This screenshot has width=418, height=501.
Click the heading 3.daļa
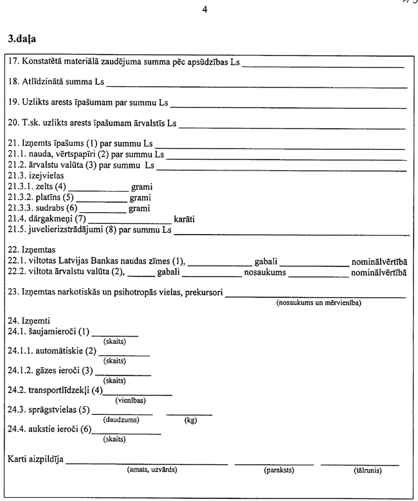tap(23, 39)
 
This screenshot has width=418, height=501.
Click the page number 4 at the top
tap(204, 10)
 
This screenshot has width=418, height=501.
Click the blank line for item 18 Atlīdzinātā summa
tap(257, 86)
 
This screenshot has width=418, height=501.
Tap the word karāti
tap(185, 219)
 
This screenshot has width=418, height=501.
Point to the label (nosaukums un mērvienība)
tap(318, 302)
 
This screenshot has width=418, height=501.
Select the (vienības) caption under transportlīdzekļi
tap(131, 400)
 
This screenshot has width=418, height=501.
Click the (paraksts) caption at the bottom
tap(279, 470)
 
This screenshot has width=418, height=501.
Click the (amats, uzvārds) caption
tap(152, 470)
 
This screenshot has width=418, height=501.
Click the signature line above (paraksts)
tap(274, 463)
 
